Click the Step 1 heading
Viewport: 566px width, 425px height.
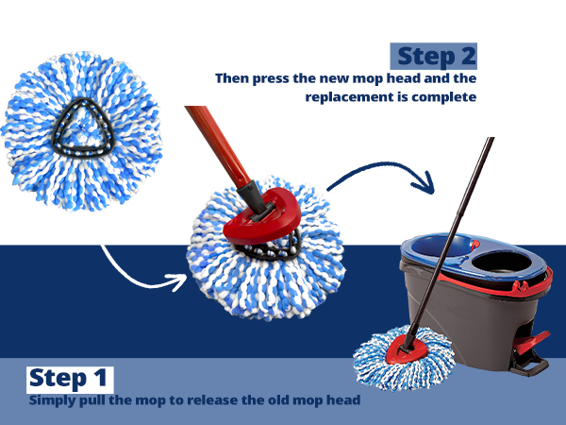[x=70, y=379]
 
